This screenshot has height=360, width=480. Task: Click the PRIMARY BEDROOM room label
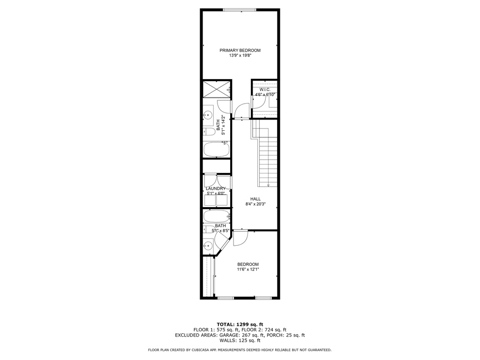[240, 51]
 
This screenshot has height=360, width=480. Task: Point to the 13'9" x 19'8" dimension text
[240, 56]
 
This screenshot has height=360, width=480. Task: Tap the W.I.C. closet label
[265, 90]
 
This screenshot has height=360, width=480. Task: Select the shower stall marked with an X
[217, 90]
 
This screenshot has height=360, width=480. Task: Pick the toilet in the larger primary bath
[209, 132]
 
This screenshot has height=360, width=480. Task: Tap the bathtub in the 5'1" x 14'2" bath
[217, 150]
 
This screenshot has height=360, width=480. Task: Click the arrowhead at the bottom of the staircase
[268, 185]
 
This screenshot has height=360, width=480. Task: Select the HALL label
[255, 199]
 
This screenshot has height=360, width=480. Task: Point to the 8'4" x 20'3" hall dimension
[255, 204]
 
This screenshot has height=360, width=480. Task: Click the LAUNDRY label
[216, 188]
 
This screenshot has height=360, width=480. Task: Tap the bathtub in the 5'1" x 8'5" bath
[217, 217]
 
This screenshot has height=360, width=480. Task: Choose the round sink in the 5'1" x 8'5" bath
[208, 246]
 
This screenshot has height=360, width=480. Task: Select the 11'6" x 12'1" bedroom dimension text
[248, 270]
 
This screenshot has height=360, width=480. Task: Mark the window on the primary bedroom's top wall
[240, 10]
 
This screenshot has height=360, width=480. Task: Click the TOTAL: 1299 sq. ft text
[240, 324]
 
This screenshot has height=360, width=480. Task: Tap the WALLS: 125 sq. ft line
[240, 340]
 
